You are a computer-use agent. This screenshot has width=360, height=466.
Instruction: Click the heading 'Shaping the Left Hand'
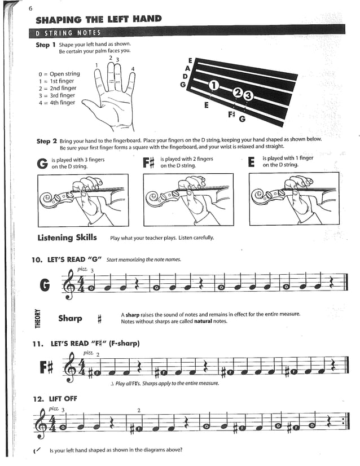pos(99,19)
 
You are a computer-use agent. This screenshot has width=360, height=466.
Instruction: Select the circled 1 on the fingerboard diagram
pos(213,86)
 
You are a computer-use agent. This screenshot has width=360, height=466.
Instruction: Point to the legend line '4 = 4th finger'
pos(56,103)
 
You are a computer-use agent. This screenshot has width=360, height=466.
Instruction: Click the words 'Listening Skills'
pos(67,238)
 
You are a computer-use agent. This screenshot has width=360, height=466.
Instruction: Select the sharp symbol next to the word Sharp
pos(99,319)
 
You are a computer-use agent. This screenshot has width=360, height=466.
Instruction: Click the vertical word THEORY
pos(38,318)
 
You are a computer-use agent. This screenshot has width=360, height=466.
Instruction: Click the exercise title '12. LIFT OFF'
pos(55,398)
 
